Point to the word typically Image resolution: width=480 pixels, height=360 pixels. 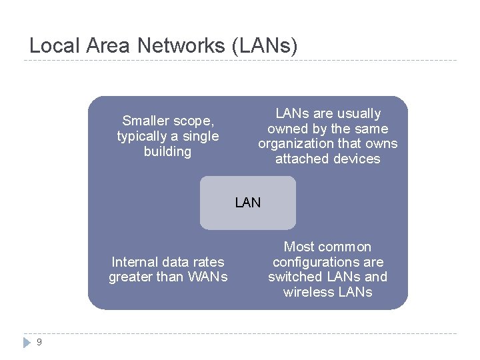pos(142,136)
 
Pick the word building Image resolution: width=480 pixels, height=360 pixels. pos(167,151)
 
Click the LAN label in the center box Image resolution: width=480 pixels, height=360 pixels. pos(248,202)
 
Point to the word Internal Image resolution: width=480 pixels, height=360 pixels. pos(135,261)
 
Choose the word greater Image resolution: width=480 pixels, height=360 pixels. pos(131,277)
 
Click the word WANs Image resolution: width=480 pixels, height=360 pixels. pos(205,277)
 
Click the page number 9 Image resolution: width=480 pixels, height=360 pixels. pos(39,342)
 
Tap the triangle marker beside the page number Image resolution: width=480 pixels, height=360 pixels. pos(26,342)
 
